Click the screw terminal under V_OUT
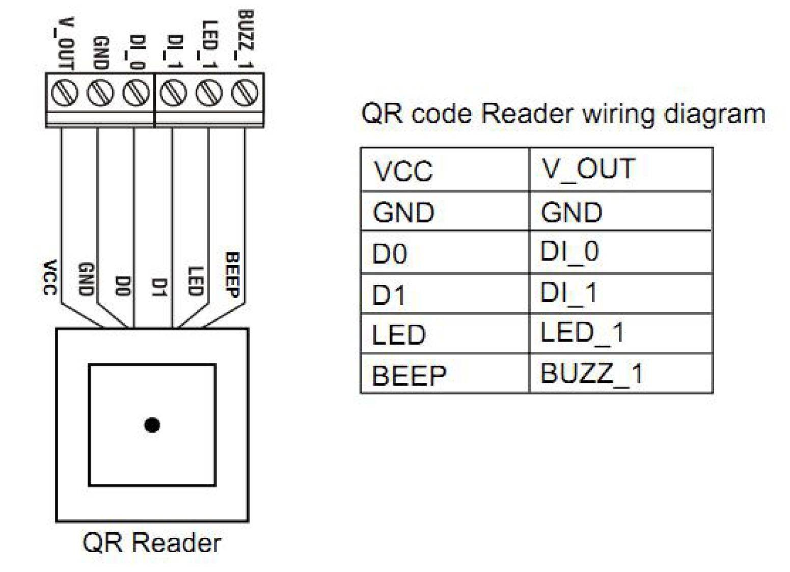[x=64, y=93]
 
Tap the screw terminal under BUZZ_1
[x=244, y=93]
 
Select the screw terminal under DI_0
[x=136, y=93]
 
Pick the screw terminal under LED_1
[x=209, y=93]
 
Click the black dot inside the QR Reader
[x=152, y=425]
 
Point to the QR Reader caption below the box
[x=152, y=543]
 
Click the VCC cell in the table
[x=445, y=170]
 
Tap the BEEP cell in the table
[x=445, y=374]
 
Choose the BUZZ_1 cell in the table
[x=620, y=373]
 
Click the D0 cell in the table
[x=445, y=253]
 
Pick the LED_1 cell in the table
[x=620, y=333]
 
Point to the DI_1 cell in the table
[x=620, y=293]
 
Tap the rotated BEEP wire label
[x=232, y=275]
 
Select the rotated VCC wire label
[x=49, y=278]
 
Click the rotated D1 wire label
[x=160, y=287]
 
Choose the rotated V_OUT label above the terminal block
[x=64, y=43]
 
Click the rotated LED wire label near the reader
[x=196, y=281]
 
